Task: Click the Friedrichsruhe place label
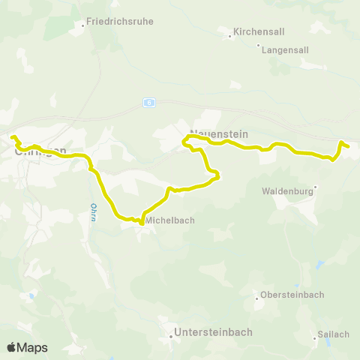(120, 22)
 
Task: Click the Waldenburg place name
(286, 191)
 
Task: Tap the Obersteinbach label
(292, 295)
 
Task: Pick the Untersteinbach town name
(213, 331)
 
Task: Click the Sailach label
(334, 334)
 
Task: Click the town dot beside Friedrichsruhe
(82, 25)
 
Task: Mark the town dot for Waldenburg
(316, 187)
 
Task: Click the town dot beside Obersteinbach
(257, 298)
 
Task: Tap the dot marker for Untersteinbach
(170, 336)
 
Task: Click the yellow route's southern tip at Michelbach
(141, 222)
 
